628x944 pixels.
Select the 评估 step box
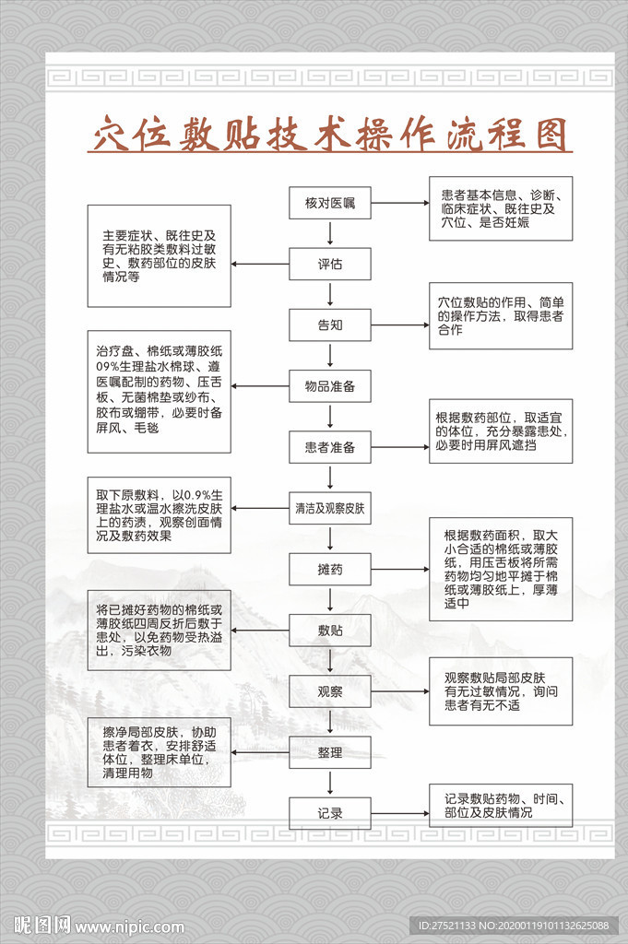point(330,264)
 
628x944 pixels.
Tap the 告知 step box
point(330,324)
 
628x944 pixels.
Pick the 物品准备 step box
point(330,386)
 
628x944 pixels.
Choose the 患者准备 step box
point(330,448)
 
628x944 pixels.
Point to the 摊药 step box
point(330,570)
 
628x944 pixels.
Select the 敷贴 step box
point(330,631)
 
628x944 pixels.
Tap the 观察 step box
point(330,691)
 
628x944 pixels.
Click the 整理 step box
point(330,752)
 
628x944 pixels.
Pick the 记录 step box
point(330,813)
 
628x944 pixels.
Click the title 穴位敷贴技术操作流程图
point(331,136)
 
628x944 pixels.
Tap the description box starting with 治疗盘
point(160,391)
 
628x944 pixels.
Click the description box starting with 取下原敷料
point(160,514)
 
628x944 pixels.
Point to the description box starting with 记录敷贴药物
point(500,806)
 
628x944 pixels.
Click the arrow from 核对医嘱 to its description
point(398,203)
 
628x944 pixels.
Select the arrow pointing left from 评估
point(261,264)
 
